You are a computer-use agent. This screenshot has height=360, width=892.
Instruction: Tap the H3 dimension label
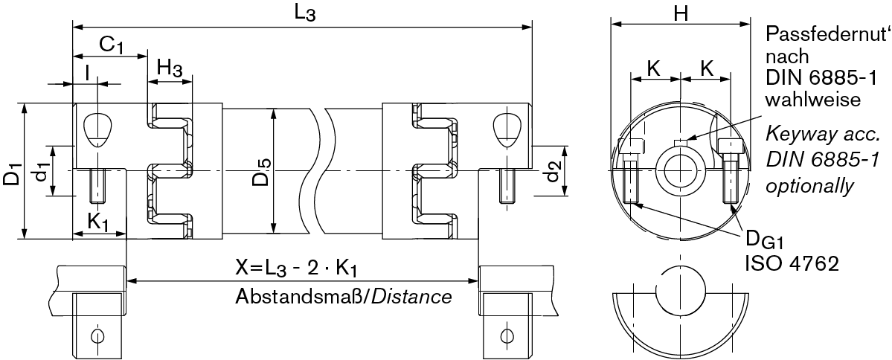click(170, 69)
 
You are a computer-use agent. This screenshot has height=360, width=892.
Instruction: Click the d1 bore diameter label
click(43, 173)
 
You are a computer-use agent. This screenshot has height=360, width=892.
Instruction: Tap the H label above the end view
click(680, 12)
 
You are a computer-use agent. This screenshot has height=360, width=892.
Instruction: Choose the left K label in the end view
click(654, 68)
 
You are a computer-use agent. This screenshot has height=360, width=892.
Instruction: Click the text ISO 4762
click(792, 263)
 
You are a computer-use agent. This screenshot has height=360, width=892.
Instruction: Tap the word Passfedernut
click(825, 35)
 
